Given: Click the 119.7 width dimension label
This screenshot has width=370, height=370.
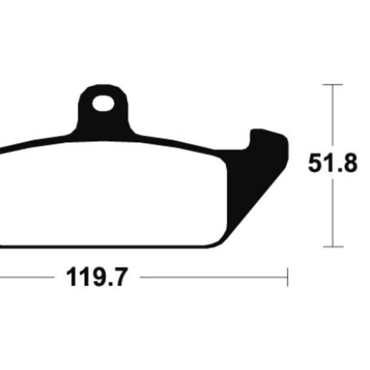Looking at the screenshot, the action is pyautogui.click(x=97, y=277).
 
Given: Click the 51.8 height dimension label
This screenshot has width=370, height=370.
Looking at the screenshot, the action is pyautogui.click(x=332, y=163).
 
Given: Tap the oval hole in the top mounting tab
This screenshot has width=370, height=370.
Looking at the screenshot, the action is pyautogui.click(x=103, y=103).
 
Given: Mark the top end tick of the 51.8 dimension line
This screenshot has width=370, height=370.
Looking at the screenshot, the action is pyautogui.click(x=332, y=85).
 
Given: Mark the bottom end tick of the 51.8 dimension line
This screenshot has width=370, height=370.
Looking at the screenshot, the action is pyautogui.click(x=333, y=247).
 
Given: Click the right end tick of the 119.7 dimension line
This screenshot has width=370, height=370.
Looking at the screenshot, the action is pyautogui.click(x=287, y=277).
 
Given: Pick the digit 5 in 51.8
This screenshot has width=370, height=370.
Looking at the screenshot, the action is pyautogui.click(x=315, y=163).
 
